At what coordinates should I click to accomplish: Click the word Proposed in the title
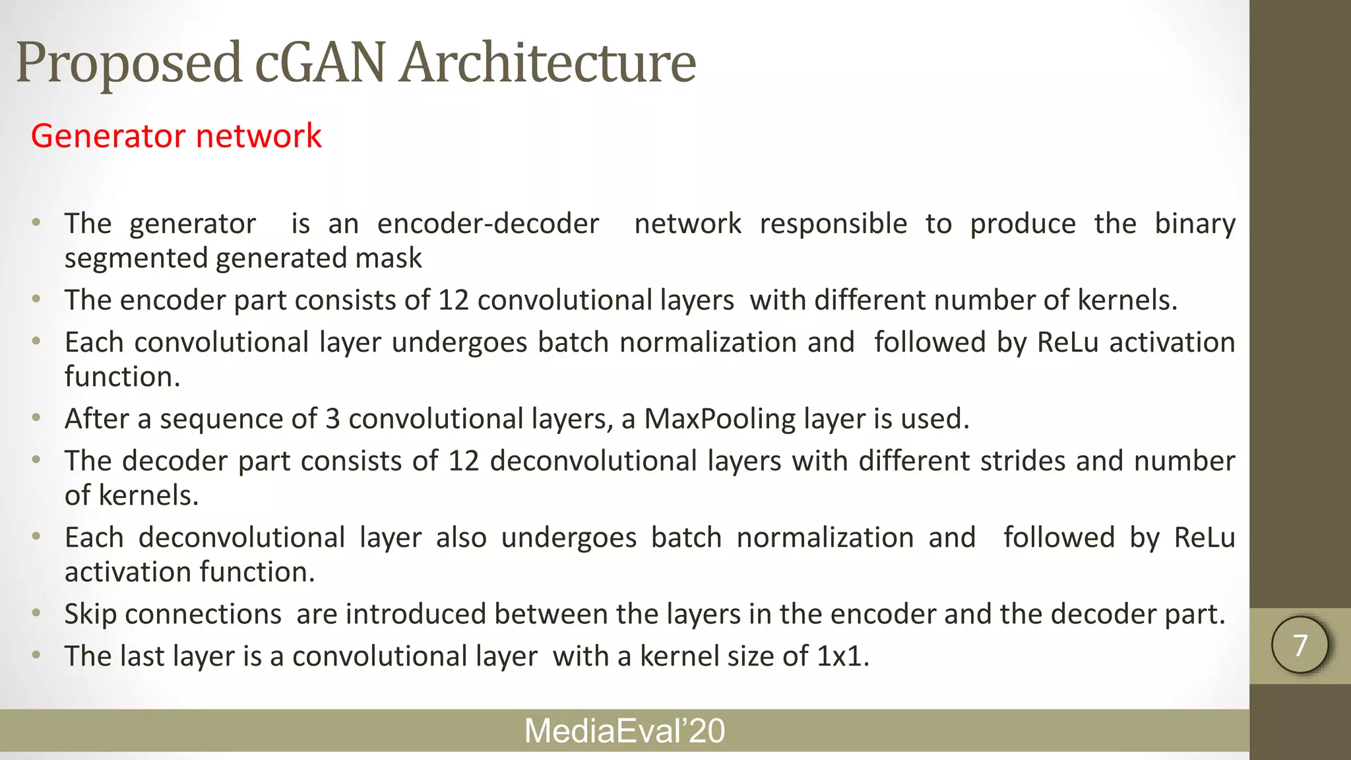129,64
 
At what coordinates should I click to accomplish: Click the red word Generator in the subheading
108,136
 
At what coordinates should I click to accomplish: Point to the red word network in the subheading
259,136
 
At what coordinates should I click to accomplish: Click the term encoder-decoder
488,224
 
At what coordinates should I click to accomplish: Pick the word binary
1195,224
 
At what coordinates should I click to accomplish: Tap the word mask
389,258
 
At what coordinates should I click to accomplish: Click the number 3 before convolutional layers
332,419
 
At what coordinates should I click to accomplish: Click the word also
461,538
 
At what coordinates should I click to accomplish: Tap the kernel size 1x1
842,656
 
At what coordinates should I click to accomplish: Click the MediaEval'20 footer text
624,731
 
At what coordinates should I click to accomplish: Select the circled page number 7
1300,645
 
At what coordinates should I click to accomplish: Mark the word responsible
833,224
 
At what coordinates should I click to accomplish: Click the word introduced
416,614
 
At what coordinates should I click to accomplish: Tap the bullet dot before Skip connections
37,614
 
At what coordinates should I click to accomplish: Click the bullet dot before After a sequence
37,418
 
